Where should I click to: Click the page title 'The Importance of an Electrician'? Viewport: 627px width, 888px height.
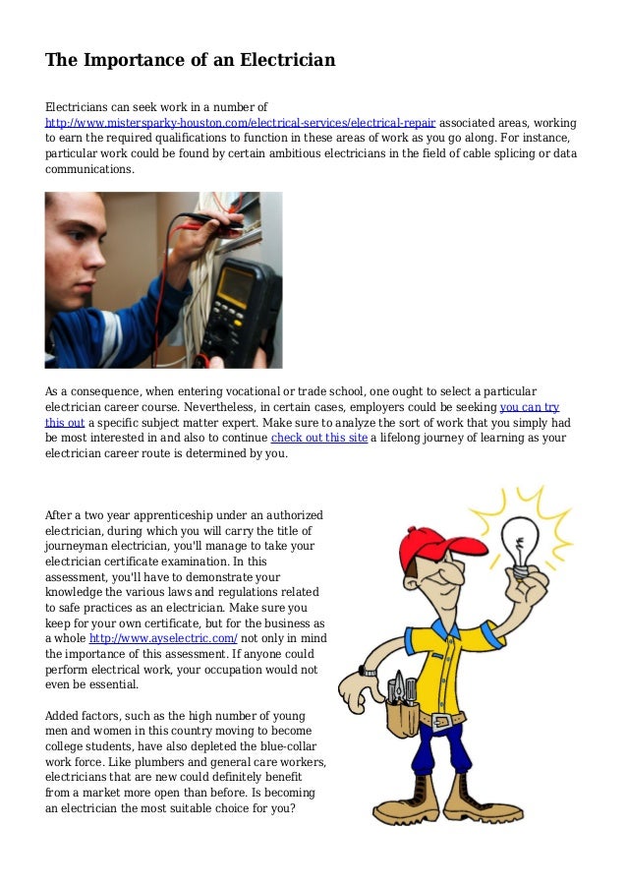pyautogui.click(x=191, y=61)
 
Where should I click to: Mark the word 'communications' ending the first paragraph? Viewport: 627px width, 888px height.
pyautogui.click(x=88, y=169)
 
